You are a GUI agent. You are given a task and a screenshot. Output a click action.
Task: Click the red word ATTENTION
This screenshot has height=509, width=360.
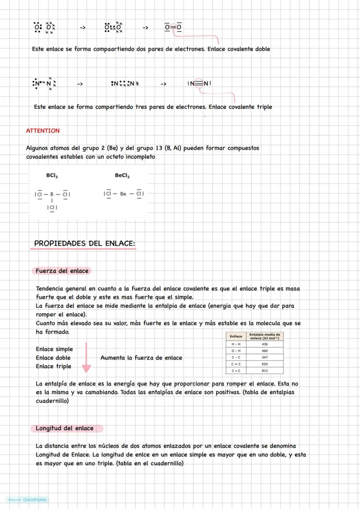click(x=43, y=130)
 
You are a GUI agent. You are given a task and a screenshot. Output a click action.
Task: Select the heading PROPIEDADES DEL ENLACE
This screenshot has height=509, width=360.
click(x=84, y=243)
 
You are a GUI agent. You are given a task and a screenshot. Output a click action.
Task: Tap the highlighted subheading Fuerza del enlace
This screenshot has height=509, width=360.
click(x=62, y=271)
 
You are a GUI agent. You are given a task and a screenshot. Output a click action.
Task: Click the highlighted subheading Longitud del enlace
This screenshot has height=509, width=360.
click(x=64, y=428)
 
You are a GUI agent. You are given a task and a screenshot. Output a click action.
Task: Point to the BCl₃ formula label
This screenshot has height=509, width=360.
click(x=52, y=176)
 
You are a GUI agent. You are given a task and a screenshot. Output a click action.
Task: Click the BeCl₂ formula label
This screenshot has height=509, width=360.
click(x=122, y=176)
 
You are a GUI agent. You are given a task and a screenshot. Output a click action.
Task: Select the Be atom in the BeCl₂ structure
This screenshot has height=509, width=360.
click(x=123, y=194)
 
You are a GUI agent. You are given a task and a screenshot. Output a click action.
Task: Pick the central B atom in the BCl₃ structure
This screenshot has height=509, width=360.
click(x=52, y=194)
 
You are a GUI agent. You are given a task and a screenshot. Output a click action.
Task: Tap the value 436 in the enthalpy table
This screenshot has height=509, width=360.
click(x=265, y=344)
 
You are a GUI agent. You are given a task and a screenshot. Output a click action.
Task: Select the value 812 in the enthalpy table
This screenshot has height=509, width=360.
click(x=265, y=371)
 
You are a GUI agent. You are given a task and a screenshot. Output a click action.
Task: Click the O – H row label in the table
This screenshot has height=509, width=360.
click(x=236, y=350)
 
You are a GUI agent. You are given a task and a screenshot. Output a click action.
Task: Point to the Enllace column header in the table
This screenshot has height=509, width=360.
click(x=236, y=336)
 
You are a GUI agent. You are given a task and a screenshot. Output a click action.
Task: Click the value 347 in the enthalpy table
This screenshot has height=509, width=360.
click(x=265, y=357)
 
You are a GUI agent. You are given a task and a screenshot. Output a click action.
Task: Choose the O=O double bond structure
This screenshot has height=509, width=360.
click(x=173, y=27)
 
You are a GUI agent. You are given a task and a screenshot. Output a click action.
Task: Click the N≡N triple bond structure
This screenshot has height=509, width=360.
click(x=199, y=83)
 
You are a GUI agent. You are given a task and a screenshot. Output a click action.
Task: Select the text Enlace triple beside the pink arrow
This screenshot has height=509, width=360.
click(x=53, y=366)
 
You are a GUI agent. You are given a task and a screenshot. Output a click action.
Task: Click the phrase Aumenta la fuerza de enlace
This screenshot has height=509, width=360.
click(x=141, y=358)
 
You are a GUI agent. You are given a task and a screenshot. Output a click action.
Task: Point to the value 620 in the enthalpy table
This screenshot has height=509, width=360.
click(x=265, y=364)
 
